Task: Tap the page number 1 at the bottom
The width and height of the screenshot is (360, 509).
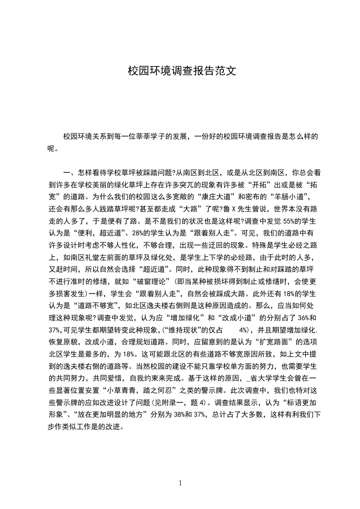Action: (x=180, y=483)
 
